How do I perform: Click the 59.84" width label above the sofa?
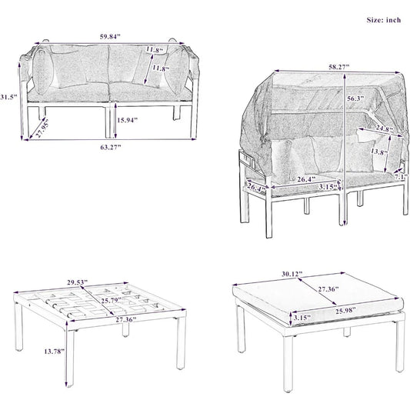110,37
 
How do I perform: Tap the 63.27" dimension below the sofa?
111,147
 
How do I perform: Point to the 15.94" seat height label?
127,120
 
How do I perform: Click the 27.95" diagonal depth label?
42,128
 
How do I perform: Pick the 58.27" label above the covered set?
339,67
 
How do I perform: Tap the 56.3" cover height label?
356,98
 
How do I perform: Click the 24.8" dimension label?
384,128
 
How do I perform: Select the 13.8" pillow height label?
378,152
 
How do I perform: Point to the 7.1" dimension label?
401,177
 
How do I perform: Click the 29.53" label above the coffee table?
77,282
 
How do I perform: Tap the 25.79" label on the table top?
112,300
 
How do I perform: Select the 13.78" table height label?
54,352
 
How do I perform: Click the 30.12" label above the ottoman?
292,274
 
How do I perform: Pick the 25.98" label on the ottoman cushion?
345,310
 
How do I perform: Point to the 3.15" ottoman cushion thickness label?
302,318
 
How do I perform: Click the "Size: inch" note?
384,20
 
